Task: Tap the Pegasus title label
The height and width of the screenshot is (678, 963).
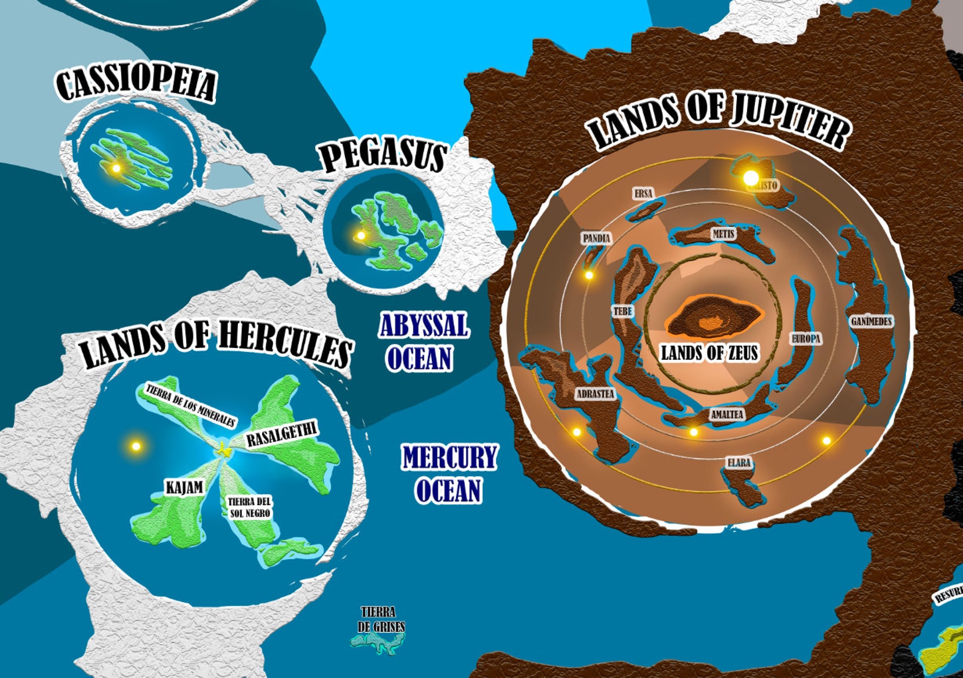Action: point(383,155)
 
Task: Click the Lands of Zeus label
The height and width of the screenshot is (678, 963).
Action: point(709,353)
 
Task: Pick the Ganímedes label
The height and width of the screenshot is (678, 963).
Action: point(871,321)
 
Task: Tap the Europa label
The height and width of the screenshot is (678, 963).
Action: point(806,339)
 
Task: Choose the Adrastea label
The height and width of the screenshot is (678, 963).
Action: point(595,394)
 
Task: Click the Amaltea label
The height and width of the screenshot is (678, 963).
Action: point(726,414)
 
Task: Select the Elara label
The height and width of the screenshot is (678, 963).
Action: point(739,463)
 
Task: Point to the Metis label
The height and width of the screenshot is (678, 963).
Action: point(723,233)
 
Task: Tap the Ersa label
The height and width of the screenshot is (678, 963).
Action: point(643,193)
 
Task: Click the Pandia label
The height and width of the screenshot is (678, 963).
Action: point(596,238)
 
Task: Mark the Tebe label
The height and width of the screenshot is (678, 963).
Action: point(622,312)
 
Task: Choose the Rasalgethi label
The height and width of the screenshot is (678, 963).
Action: point(282,435)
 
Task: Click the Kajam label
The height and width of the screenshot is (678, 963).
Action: point(184,488)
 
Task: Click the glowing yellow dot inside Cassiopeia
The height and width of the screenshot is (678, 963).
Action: point(116,168)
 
